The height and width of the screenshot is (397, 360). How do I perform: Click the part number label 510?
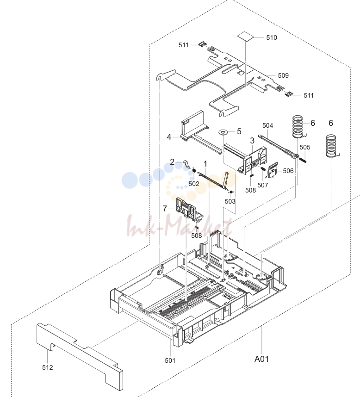(x=272, y=37)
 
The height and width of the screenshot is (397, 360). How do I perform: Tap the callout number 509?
(x=283, y=75)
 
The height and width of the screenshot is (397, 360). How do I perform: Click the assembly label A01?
(x=261, y=359)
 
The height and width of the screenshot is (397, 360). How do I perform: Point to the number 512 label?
(x=47, y=367)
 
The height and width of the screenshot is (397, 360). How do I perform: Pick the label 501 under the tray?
(x=170, y=360)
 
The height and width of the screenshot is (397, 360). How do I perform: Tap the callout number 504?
(x=267, y=125)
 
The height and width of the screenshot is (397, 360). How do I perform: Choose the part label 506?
(x=288, y=171)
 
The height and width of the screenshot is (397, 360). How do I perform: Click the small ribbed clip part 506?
(x=272, y=170)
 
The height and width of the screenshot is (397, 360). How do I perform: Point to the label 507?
(x=262, y=186)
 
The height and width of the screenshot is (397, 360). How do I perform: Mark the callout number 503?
(x=230, y=201)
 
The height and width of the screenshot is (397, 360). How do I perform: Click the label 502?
(x=194, y=184)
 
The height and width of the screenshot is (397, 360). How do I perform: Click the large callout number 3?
(x=252, y=141)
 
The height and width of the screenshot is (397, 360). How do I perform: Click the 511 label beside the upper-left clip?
(x=184, y=45)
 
